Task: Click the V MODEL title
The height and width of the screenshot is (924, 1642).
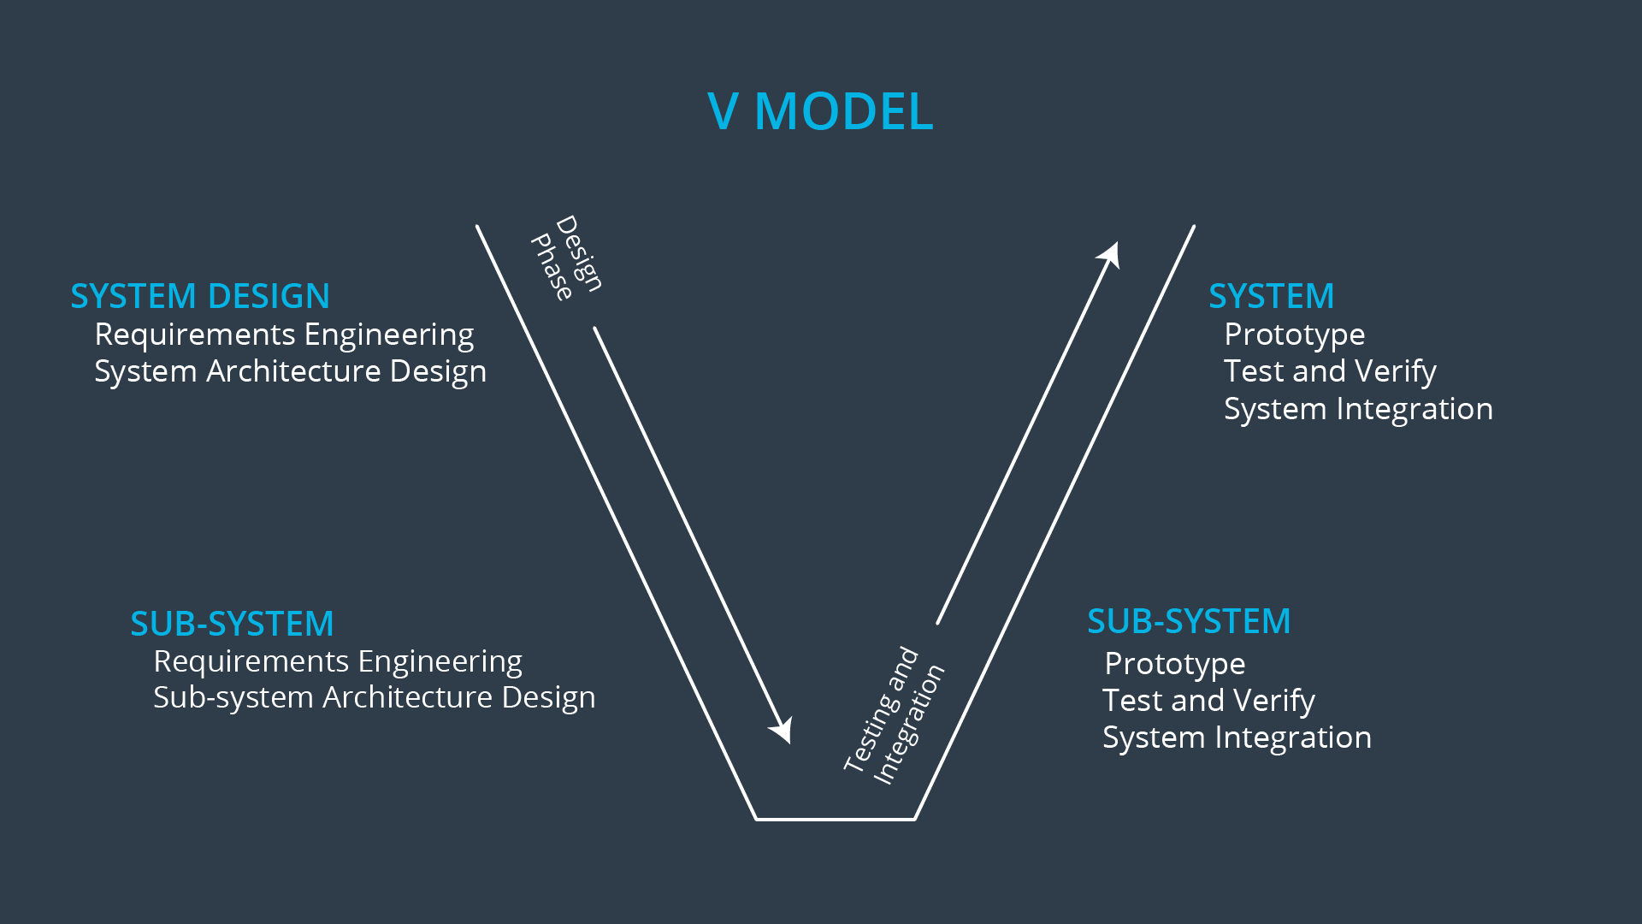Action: pos(820,111)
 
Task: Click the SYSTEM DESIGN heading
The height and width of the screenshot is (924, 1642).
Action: pos(200,296)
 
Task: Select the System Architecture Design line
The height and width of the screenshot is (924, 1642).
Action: pos(290,371)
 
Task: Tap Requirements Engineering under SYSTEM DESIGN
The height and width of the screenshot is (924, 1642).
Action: pos(284,335)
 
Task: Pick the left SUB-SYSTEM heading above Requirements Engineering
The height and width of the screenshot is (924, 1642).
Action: pos(232,624)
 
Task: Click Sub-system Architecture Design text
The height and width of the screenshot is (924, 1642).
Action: pos(374,697)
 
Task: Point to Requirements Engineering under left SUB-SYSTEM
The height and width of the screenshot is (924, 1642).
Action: pos(338,661)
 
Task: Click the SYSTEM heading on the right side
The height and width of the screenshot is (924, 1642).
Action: pos(1271,296)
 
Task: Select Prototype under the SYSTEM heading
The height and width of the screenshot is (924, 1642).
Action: pos(1294,335)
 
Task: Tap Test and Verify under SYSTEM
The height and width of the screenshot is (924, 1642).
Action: pos(1330,371)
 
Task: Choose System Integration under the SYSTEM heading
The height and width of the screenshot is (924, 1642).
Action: pos(1358,409)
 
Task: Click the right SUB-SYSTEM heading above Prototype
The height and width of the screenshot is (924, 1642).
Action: pos(1189,621)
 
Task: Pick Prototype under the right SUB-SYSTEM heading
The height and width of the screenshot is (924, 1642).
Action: pos(1174,664)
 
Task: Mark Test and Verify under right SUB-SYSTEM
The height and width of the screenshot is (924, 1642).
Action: pos(1208,701)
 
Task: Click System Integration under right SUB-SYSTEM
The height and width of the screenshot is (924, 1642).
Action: pos(1237,737)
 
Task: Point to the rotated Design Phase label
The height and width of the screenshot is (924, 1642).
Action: pos(566,257)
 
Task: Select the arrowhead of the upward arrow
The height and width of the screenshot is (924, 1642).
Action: pos(1110,254)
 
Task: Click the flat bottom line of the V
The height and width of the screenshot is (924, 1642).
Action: pos(836,819)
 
